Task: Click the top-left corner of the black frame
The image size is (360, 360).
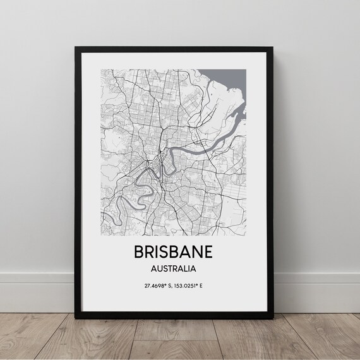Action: [76, 44]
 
